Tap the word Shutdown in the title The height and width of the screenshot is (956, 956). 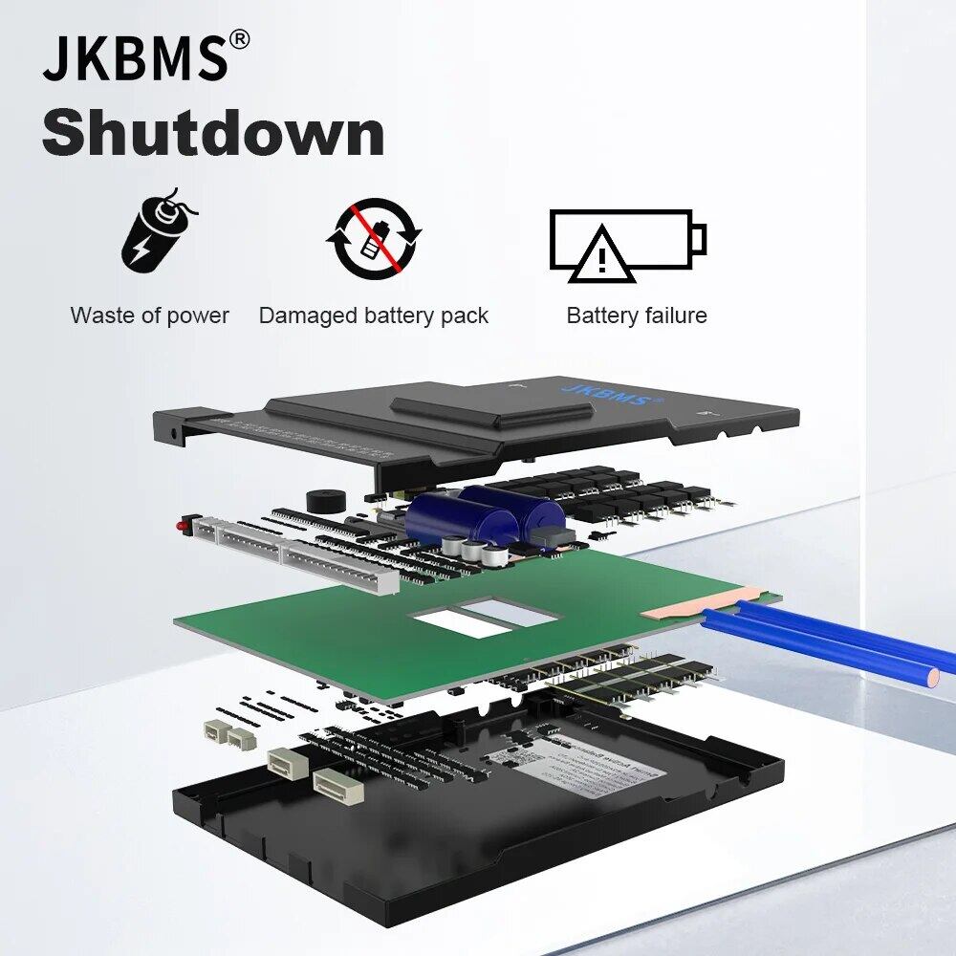tap(213, 133)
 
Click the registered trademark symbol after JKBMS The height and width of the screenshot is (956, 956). tap(240, 39)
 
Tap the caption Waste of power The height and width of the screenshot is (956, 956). tap(150, 315)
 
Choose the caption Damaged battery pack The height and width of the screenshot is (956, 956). tap(374, 315)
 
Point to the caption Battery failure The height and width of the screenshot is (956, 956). tap(637, 315)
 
